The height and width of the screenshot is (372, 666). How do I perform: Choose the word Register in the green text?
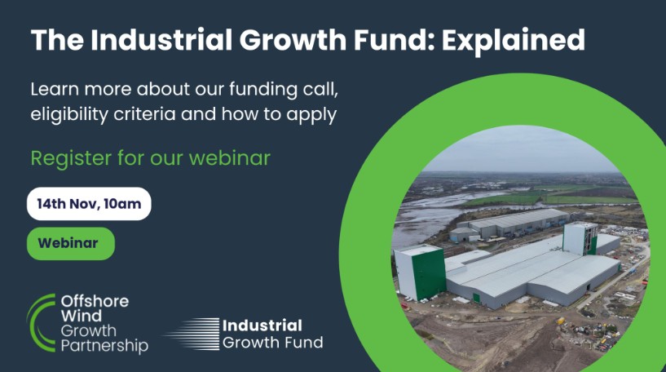(x=66, y=157)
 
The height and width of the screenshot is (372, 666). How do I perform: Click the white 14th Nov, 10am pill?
(x=89, y=204)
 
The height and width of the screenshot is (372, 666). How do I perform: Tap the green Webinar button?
(x=71, y=243)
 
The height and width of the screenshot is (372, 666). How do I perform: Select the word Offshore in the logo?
(x=95, y=303)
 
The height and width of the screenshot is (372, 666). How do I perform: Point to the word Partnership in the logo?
(x=104, y=346)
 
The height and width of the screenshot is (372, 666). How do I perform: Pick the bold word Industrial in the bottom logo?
(x=262, y=325)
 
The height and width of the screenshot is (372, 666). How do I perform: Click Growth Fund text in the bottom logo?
(x=272, y=343)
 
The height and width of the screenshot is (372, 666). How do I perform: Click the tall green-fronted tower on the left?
(x=420, y=273)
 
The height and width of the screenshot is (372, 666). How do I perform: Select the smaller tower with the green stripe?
(x=580, y=238)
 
